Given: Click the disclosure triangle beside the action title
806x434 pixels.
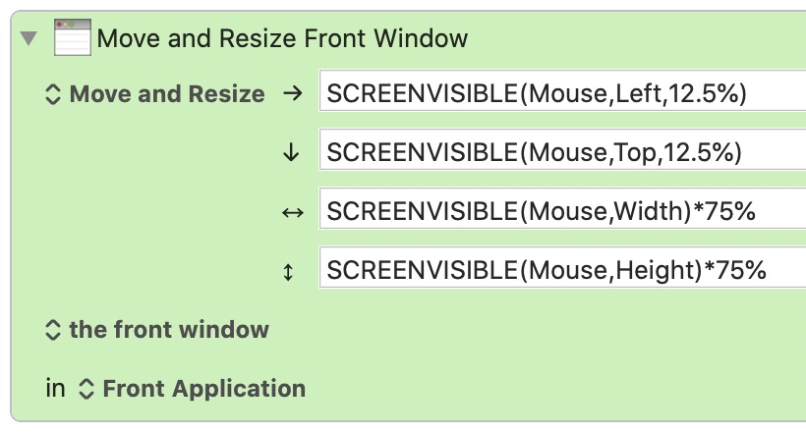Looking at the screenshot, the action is coord(29,38).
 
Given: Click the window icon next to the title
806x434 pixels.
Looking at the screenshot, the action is coord(73,37).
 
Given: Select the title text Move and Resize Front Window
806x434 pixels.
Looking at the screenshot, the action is coord(282,38).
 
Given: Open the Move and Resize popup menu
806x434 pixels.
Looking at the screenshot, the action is coord(154,94).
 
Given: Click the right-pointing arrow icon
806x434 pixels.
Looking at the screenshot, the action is coord(293,93).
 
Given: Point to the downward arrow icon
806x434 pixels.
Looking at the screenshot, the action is coord(291,152).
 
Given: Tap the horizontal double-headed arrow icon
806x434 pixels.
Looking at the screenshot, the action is coord(293,212).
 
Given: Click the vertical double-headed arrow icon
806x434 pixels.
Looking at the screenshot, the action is coord(288,272).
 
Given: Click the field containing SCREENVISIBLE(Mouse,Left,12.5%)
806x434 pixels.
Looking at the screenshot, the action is coord(562,90).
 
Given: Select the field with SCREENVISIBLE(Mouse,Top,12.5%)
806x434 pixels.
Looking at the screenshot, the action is coord(562,149).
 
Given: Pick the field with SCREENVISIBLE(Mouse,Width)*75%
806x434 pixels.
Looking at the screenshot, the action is coord(562,208).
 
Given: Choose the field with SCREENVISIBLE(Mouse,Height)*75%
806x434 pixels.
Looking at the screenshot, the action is coord(562,267).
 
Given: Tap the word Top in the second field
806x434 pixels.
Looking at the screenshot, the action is coord(635,152).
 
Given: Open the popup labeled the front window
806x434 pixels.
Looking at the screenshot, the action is coord(157,330).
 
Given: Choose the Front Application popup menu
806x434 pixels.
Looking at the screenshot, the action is coord(192,389).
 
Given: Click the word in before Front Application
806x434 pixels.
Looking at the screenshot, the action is coord(55,389).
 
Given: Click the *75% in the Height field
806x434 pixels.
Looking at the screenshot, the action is coord(735,270).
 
